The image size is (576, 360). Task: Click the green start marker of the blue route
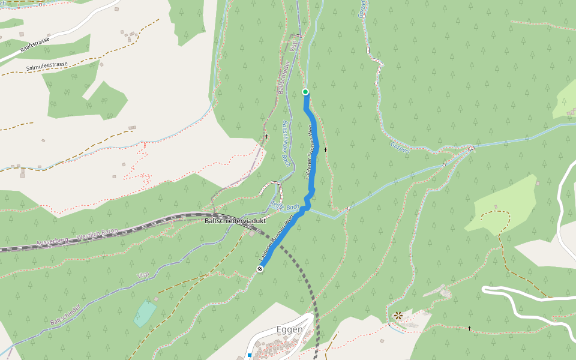click(305, 92)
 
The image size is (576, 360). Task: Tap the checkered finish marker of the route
click(260, 269)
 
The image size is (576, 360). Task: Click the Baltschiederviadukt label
click(235, 221)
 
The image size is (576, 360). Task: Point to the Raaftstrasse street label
click(34, 44)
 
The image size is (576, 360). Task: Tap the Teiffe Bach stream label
click(284, 206)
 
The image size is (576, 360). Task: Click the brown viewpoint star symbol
click(398, 315)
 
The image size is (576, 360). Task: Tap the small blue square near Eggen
click(250, 356)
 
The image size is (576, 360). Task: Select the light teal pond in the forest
click(145, 313)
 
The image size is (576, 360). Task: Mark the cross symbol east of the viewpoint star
click(469, 328)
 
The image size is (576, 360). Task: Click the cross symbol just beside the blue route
click(326, 149)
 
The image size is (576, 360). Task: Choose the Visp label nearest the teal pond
click(143, 275)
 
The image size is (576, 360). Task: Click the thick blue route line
click(313, 156)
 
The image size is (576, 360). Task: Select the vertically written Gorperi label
click(362, 8)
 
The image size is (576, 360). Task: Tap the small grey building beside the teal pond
click(155, 299)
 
